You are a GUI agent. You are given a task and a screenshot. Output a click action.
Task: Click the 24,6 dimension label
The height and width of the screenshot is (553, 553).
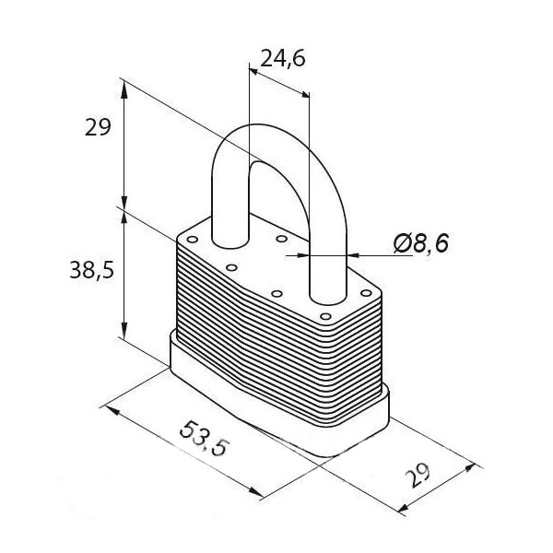283,59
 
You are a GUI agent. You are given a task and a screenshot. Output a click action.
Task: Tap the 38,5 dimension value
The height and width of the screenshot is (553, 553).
92,270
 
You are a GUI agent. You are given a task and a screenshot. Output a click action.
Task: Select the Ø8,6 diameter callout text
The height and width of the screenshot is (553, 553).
421,243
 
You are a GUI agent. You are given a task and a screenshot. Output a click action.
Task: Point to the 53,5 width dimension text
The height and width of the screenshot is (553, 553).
205,439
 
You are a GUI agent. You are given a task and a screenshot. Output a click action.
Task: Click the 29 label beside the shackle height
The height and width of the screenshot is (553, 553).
98,127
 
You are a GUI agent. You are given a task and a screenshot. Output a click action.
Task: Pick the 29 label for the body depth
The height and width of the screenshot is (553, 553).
418,475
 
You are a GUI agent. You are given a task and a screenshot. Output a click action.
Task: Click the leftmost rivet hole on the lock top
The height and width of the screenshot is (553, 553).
193,240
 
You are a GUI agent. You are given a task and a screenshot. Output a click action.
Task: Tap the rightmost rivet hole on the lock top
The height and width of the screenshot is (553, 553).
367,293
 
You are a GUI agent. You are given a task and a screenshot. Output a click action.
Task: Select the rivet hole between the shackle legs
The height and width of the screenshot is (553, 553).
281,239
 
